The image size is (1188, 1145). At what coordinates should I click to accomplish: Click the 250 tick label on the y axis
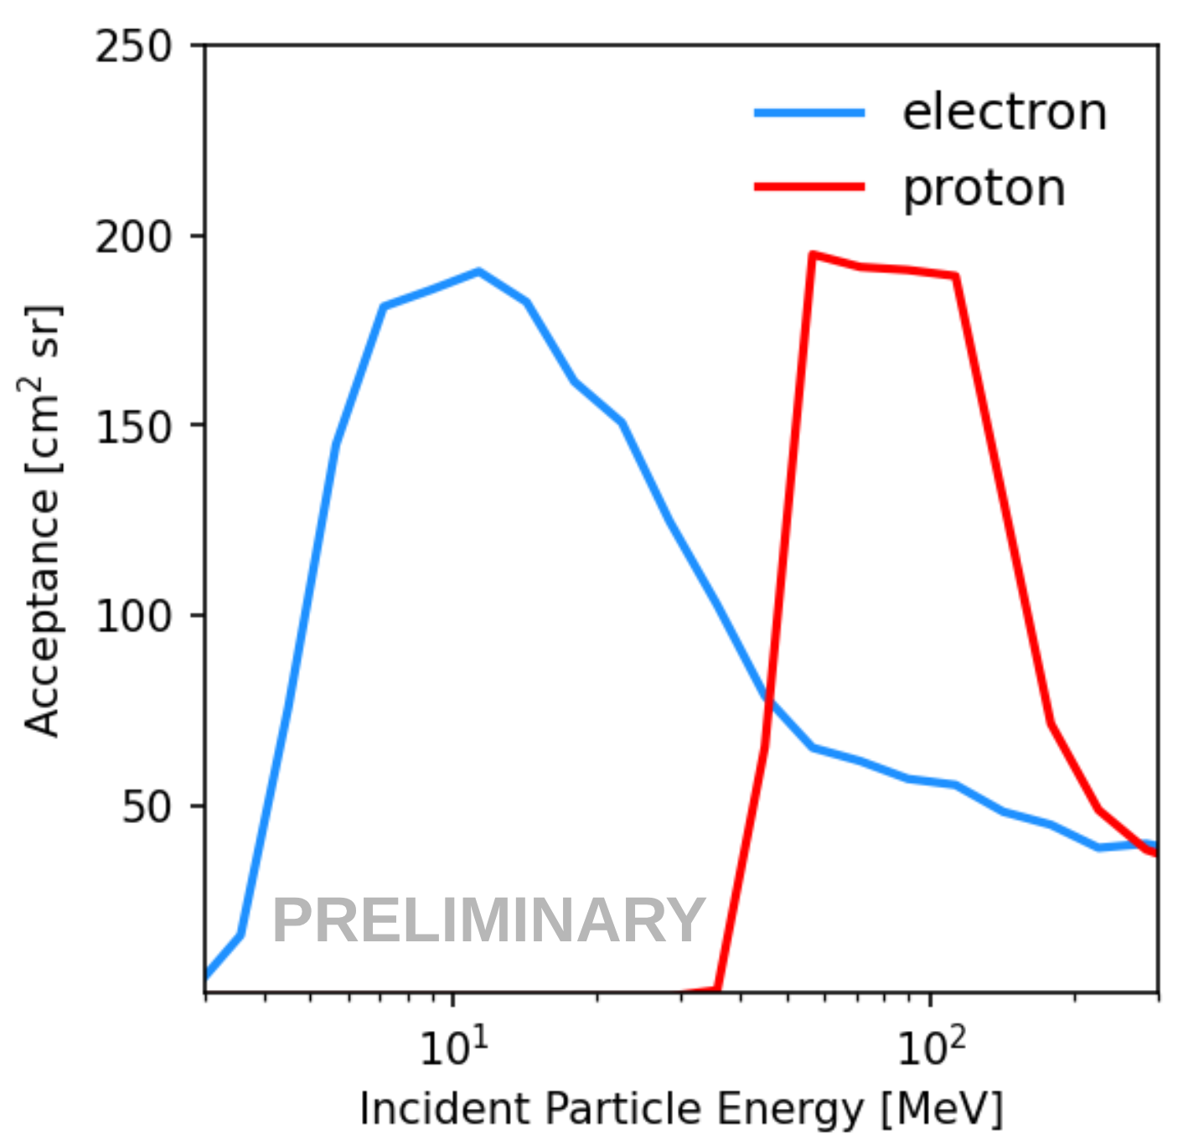[x=133, y=46]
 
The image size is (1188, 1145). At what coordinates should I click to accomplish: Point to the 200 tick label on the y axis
[x=133, y=237]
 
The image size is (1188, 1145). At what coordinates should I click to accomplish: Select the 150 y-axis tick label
[x=133, y=427]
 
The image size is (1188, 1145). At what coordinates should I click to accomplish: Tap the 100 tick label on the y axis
[x=133, y=617]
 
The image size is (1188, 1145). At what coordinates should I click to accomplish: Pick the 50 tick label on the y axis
[x=146, y=806]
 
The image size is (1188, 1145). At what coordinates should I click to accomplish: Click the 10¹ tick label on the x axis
[x=453, y=1047]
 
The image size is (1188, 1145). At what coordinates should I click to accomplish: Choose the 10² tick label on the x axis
[x=931, y=1047]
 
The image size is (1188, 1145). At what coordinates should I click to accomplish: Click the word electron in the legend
[x=1005, y=112]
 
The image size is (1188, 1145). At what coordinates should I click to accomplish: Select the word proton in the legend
[x=984, y=188]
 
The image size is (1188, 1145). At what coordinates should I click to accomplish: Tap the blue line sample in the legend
[x=809, y=112]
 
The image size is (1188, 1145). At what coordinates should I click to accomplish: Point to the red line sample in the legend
[x=809, y=186]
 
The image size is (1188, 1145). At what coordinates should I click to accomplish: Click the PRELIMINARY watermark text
[x=488, y=920]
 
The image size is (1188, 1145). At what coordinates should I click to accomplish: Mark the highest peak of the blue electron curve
[x=478, y=272]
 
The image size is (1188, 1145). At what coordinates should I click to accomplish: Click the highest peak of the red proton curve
[x=812, y=254]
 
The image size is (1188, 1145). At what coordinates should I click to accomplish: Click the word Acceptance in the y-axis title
[x=42, y=612]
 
